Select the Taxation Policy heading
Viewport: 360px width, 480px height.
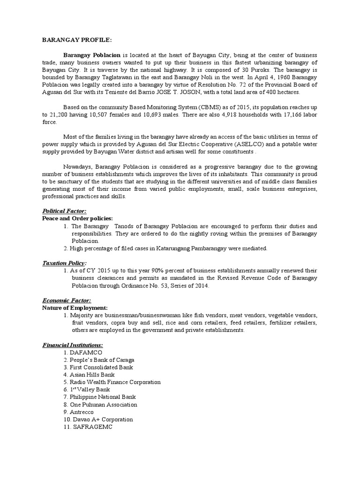click(65, 263)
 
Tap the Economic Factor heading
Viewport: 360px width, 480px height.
click(67, 300)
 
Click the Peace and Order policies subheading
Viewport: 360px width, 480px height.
click(77, 218)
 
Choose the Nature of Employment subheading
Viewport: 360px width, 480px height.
click(75, 307)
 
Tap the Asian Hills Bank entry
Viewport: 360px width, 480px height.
click(92, 375)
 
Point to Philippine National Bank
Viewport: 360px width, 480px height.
click(100, 397)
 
